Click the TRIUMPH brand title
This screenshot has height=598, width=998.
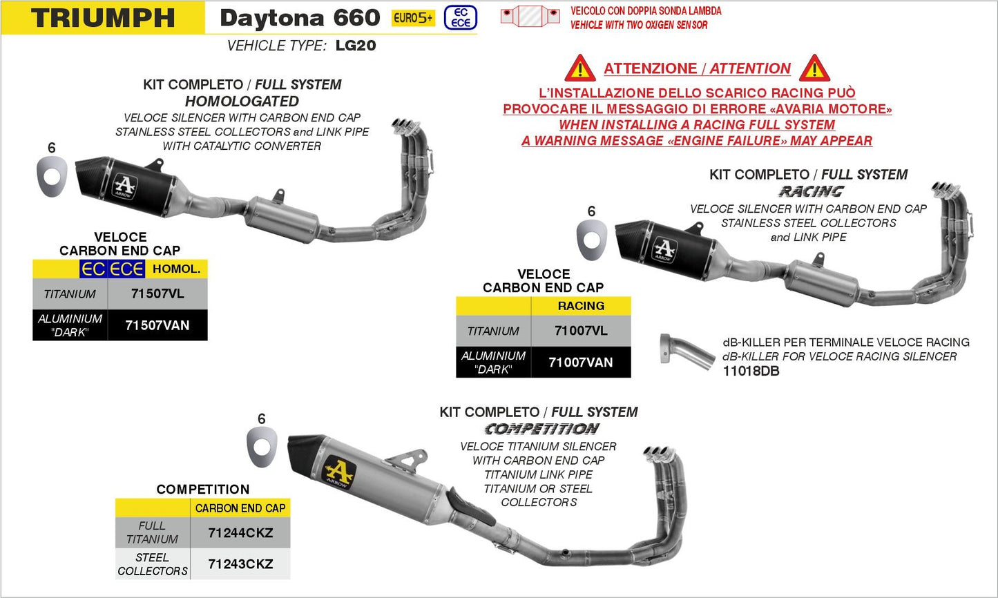click(x=103, y=18)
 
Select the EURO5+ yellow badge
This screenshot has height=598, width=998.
click(x=413, y=18)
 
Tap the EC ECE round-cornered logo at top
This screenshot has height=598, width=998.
click(x=460, y=18)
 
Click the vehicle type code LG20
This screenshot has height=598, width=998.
click(x=355, y=46)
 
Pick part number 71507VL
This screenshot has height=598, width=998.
click(x=157, y=293)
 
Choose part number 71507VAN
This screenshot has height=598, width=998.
click(x=157, y=325)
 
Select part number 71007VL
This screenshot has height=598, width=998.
click(x=581, y=331)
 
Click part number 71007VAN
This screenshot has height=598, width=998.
click(x=581, y=363)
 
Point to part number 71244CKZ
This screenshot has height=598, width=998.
click(x=240, y=532)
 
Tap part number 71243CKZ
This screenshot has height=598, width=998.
click(x=240, y=564)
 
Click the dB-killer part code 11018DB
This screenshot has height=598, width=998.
click(x=751, y=372)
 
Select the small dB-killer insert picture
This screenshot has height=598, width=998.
click(x=678, y=351)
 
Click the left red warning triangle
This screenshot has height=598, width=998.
click(x=580, y=68)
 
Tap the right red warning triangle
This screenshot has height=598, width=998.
click(x=814, y=68)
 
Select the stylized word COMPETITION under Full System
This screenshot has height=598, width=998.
click(x=541, y=429)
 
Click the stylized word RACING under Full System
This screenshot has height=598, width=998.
click(x=811, y=191)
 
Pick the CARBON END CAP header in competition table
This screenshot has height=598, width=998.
click(x=240, y=508)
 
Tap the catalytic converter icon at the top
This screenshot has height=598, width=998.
click(x=530, y=15)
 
